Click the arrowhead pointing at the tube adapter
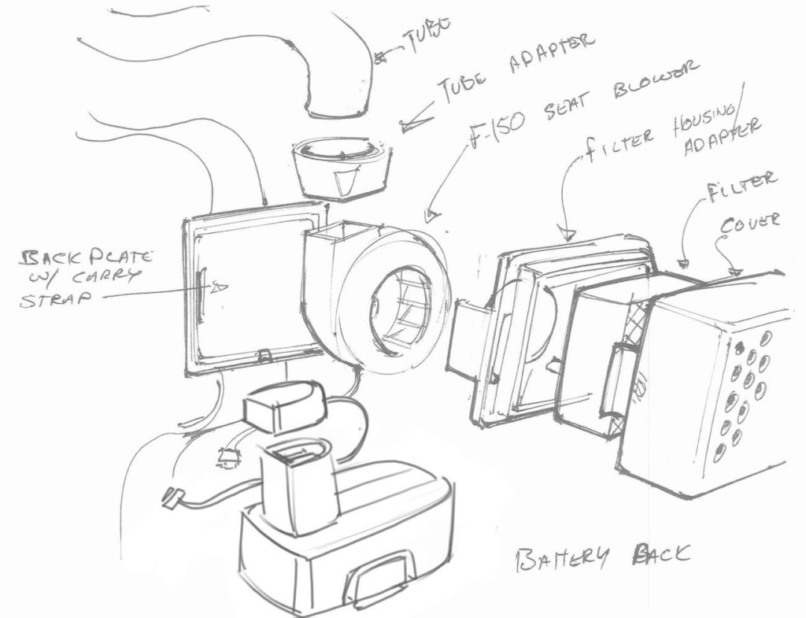click(x=408, y=124)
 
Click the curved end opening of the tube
click(x=335, y=106)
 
